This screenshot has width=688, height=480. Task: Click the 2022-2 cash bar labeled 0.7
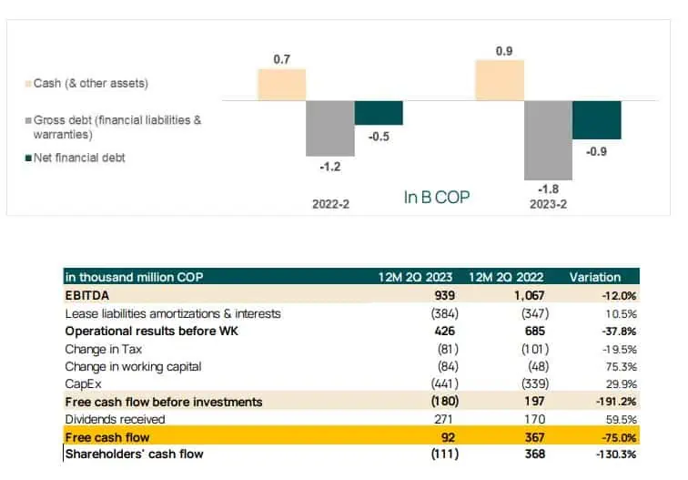click(x=282, y=85)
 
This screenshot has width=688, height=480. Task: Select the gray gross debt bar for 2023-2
click(x=548, y=140)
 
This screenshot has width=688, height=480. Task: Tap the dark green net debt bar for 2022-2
click(x=379, y=113)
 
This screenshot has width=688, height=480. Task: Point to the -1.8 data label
click(x=548, y=189)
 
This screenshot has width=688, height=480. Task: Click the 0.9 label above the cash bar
click(x=504, y=51)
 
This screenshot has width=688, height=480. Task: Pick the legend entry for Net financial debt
click(x=75, y=158)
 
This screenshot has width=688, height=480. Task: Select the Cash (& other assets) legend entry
click(x=86, y=84)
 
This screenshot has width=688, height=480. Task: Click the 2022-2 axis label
click(x=331, y=204)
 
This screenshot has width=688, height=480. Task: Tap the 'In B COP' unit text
click(x=437, y=197)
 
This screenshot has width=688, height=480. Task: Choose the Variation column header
click(x=595, y=277)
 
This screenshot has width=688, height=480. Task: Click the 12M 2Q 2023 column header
click(x=415, y=277)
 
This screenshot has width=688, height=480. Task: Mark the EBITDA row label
click(x=86, y=295)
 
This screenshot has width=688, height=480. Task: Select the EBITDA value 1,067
click(x=530, y=295)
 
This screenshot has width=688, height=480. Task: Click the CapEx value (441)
click(x=445, y=383)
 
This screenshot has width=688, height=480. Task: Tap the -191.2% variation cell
click(x=616, y=402)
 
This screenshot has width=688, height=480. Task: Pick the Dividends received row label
click(x=115, y=419)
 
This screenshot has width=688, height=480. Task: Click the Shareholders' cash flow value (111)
click(x=445, y=454)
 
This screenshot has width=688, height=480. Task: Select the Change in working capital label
click(x=133, y=367)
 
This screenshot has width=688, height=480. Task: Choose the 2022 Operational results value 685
click(x=535, y=331)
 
